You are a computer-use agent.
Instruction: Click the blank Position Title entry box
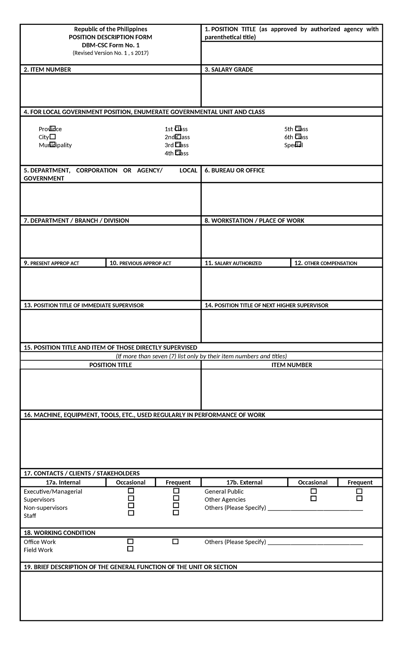point(292,53)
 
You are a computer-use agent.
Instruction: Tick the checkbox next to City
point(52,137)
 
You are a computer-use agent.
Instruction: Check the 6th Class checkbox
point(298,137)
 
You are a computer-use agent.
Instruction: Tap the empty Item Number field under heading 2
point(110,90)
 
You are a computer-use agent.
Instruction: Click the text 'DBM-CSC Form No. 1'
point(110,45)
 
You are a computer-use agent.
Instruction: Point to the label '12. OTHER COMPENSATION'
point(325,263)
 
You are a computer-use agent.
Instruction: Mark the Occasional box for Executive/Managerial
point(131,491)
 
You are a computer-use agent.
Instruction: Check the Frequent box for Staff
point(176,513)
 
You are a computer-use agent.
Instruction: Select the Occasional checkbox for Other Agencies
point(313,499)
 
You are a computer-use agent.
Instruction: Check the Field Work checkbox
point(130,549)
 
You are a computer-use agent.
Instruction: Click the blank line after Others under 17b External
point(315,508)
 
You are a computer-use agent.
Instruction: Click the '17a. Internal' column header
point(63,482)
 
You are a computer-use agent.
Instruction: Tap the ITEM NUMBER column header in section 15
point(292,365)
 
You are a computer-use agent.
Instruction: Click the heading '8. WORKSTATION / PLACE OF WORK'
point(254,221)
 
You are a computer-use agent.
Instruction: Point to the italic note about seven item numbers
point(201,356)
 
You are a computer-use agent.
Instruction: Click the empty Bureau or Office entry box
point(292,199)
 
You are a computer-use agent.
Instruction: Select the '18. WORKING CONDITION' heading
point(59,533)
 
